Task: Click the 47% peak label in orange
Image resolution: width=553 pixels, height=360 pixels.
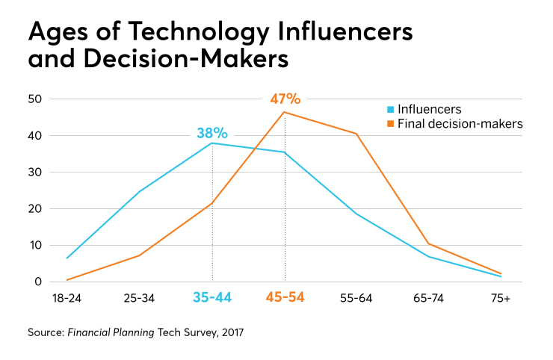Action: point(285,99)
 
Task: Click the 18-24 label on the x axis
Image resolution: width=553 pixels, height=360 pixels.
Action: point(67,298)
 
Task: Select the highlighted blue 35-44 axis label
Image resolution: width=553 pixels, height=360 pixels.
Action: point(211,298)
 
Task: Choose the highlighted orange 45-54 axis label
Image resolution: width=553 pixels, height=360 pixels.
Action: point(284,298)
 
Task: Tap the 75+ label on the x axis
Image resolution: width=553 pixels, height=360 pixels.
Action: point(501,298)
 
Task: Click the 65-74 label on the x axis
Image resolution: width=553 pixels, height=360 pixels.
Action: point(429,298)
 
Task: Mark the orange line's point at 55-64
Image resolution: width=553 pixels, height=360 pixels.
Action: point(356,134)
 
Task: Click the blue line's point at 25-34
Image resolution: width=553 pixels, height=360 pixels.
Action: point(139,192)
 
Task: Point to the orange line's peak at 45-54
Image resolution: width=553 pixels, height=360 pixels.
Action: point(284,112)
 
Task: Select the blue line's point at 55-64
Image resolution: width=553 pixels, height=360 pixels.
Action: point(356,214)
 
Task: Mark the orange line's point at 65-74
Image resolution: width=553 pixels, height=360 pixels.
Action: point(429,243)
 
